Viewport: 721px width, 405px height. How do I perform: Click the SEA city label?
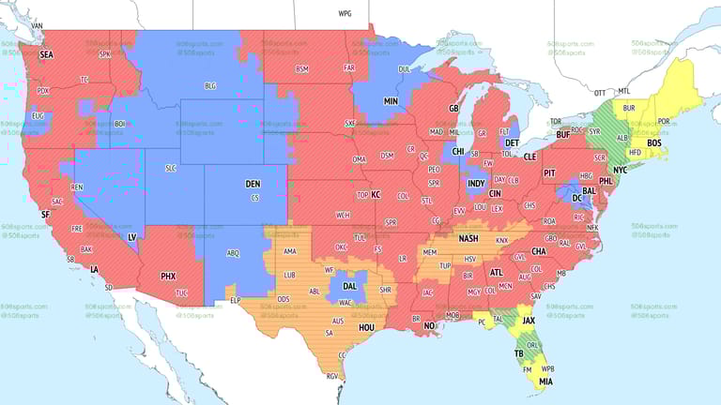coord(46,55)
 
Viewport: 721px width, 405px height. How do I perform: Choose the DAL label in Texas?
coord(350,286)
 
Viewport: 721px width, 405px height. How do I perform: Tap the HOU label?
coord(367,328)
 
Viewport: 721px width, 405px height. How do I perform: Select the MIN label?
coord(391,100)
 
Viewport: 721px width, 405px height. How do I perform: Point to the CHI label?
coord(458,152)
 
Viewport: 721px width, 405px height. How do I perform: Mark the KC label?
coord(376,195)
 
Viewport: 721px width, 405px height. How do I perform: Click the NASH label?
coord(468,238)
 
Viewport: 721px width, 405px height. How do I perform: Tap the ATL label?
coord(498,273)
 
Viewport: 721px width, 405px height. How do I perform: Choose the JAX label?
coord(529,320)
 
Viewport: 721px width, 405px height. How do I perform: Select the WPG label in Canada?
coord(345,15)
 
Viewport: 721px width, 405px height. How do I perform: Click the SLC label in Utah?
coord(170,168)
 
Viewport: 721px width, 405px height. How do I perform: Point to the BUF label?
coord(562,135)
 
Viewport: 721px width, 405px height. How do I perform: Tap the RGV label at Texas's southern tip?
coord(331,376)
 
